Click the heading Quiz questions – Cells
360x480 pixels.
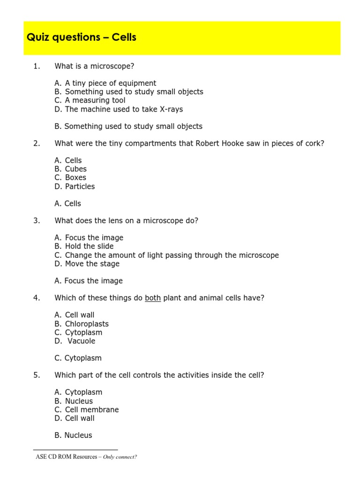pos(82,37)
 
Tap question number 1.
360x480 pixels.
pos(37,67)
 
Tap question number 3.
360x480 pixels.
pos(37,221)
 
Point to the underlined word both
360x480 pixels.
pos(153,298)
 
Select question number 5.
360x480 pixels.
pos(37,375)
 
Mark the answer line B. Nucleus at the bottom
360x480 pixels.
pos(73,435)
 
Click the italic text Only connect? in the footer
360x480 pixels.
pos(120,457)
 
